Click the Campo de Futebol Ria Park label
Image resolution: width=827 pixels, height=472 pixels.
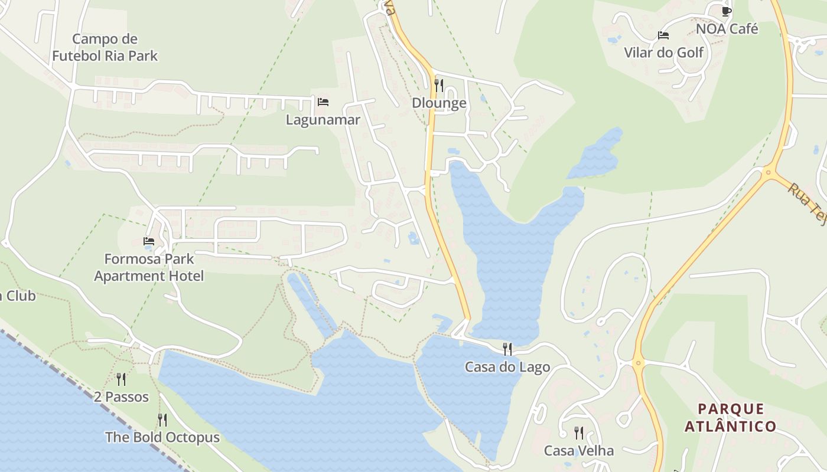[105, 48]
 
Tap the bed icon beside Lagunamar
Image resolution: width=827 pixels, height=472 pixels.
[323, 101]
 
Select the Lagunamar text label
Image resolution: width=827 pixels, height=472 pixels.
[323, 120]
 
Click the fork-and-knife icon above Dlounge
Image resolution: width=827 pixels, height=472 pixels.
[438, 86]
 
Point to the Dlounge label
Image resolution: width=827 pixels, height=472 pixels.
[439, 103]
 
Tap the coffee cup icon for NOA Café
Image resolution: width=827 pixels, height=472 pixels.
[726, 11]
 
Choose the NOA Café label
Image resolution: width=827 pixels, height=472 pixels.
[727, 29]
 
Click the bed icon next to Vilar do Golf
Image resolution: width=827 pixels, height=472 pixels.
[663, 35]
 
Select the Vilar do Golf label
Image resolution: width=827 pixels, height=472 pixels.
[664, 53]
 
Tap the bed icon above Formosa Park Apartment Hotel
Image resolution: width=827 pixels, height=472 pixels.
[149, 241]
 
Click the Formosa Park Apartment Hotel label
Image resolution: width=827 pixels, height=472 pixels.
[149, 267]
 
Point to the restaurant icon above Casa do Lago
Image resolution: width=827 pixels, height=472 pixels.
[507, 349]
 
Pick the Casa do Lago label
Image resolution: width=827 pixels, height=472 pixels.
[507, 367]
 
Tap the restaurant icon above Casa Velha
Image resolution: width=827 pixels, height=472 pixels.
[579, 433]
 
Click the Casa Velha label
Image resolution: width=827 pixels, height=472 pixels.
[579, 451]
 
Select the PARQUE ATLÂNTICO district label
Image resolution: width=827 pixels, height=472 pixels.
[731, 417]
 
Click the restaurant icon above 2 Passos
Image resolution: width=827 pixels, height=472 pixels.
[121, 379]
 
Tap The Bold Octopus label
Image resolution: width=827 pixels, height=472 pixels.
[162, 438]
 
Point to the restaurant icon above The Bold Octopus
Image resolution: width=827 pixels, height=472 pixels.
[162, 420]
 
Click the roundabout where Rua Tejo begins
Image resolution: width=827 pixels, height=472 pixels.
[769, 173]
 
